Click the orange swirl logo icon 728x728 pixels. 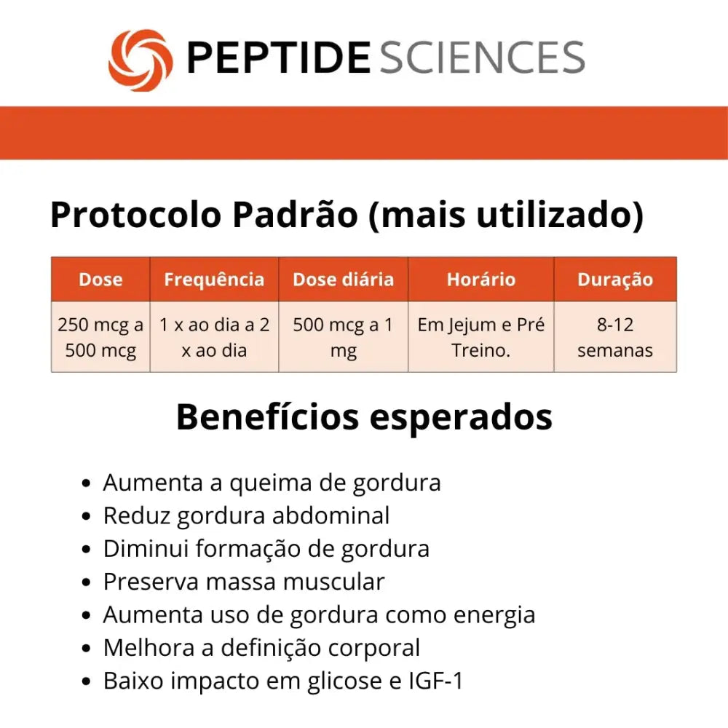coord(141,60)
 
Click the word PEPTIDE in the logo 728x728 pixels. coord(278,57)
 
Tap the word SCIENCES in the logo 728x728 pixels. coord(483,57)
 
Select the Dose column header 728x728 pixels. coord(100,280)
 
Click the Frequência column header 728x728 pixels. coord(214,280)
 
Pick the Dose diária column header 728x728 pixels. coord(344,280)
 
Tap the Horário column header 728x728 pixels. coord(481,280)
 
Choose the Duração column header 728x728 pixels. coord(615,280)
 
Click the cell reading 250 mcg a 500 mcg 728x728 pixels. coord(100,337)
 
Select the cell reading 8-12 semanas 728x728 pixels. coord(615,337)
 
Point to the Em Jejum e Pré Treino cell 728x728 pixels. coord(481,337)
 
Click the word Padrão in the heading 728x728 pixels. coord(296,215)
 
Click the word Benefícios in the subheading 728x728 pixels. coord(268,417)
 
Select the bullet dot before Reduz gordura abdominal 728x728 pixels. coord(86,516)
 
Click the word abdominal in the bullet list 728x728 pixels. coord(331,515)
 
